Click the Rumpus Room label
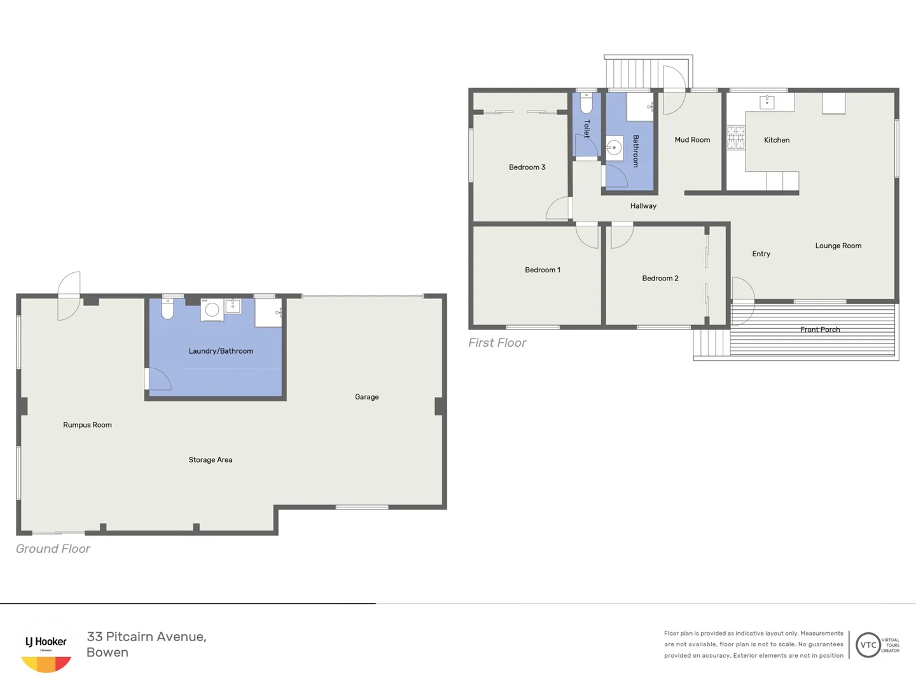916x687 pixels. click(x=87, y=425)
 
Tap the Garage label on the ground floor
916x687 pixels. click(x=366, y=397)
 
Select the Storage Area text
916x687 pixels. click(x=210, y=460)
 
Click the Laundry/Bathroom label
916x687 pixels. click(x=221, y=351)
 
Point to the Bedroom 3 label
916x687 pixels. click(x=527, y=167)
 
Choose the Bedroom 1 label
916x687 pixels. click(x=542, y=270)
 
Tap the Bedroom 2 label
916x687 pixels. click(x=660, y=279)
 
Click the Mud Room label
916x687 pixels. click(x=692, y=140)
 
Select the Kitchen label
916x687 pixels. click(x=776, y=140)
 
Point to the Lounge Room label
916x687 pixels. click(x=838, y=246)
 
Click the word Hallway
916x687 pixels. click(x=643, y=206)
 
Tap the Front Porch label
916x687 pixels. click(x=820, y=330)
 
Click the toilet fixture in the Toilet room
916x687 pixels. click(x=586, y=103)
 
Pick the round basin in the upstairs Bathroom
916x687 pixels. click(x=614, y=148)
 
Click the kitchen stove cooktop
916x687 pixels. click(x=736, y=137)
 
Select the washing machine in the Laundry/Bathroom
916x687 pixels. click(x=212, y=310)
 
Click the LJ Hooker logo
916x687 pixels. click(x=46, y=649)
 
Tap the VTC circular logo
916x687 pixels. click(x=868, y=645)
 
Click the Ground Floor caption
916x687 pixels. click(x=53, y=549)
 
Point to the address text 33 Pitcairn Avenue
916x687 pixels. click(x=146, y=637)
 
